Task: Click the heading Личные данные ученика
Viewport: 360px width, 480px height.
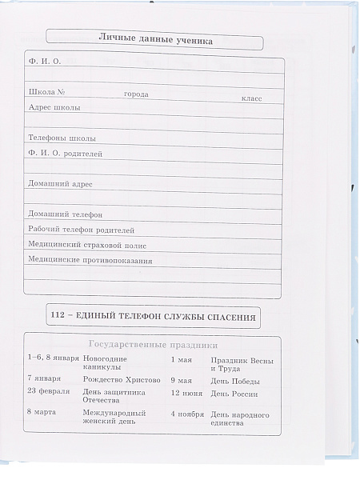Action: tap(156, 38)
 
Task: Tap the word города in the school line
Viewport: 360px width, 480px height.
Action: tap(136, 94)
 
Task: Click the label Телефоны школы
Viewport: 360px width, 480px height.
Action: tap(58, 138)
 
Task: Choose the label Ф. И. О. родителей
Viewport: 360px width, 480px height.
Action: tap(65, 153)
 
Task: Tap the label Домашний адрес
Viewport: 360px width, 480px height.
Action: tap(60, 183)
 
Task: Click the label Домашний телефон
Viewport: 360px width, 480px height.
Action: tap(65, 214)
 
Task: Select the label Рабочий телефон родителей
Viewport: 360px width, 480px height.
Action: tap(82, 230)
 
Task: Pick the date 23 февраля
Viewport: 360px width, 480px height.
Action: tap(49, 391)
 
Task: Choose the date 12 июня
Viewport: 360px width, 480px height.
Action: tap(186, 394)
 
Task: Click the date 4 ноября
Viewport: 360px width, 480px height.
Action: tap(188, 414)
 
